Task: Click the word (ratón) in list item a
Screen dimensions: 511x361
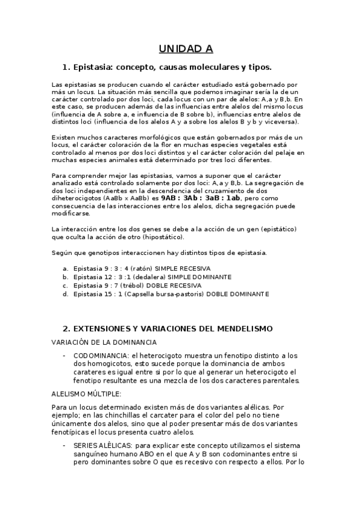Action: point(151,268)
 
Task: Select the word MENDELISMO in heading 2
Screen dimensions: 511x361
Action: point(243,328)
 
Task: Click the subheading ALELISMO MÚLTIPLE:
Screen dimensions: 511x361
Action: point(87,393)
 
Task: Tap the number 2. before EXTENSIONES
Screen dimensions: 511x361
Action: point(66,328)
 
